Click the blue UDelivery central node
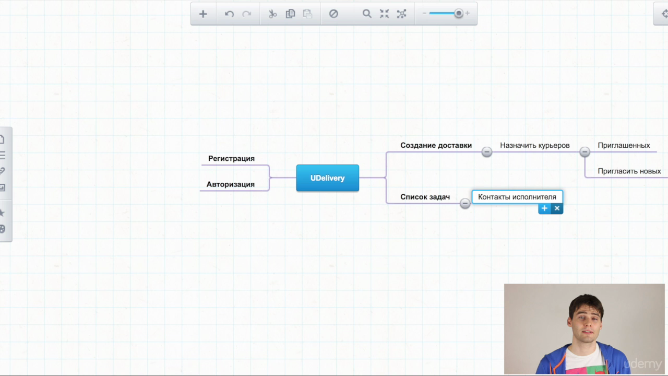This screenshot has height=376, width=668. [327, 178]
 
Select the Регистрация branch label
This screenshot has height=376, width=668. [231, 158]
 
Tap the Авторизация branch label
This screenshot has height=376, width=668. [231, 184]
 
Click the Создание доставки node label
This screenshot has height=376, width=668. [436, 145]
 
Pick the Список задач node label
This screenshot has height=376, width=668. [425, 197]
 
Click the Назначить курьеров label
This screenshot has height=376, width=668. [535, 145]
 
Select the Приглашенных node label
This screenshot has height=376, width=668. [624, 145]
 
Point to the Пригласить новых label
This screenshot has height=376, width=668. [629, 171]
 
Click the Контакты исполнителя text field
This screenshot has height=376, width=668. [517, 197]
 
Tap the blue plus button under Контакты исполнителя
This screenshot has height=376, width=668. [544, 208]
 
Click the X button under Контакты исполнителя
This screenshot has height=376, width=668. [557, 208]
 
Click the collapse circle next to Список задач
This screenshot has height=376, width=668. [464, 204]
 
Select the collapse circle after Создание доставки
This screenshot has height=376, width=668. [487, 152]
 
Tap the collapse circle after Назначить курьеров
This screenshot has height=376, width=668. [584, 152]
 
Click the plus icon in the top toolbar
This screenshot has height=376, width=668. [203, 14]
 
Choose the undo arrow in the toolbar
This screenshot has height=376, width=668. [229, 14]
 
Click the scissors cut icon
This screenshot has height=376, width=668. [272, 14]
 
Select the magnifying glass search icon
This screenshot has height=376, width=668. [367, 14]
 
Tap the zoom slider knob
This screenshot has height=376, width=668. [459, 14]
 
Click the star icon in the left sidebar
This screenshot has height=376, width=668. [2, 213]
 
